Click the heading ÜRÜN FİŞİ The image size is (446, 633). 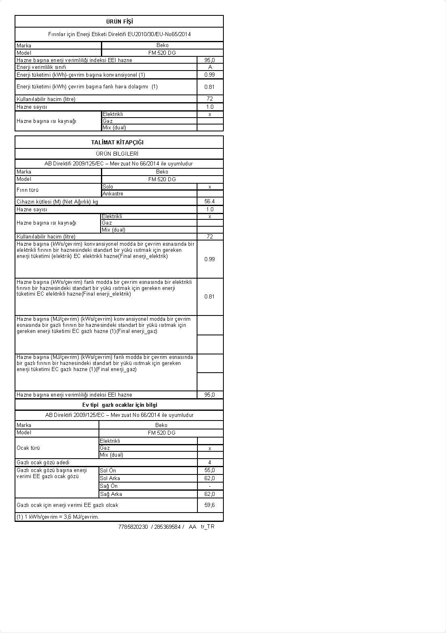[119, 21]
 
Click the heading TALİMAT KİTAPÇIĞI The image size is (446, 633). [117, 142]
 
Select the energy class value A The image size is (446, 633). [210, 67]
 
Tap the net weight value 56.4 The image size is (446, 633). [210, 202]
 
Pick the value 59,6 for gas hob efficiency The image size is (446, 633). [210, 505]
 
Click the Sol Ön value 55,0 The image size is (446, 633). [210, 470]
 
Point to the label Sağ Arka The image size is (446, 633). [111, 494]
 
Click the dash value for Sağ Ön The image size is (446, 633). [210, 486]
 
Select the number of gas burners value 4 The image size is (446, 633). [210, 463]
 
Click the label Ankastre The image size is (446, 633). [113, 194]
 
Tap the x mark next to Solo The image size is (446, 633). [210, 187]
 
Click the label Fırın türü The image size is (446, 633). [28, 190]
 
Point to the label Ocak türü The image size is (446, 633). [28, 448]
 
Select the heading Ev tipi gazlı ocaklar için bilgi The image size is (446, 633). [120, 405]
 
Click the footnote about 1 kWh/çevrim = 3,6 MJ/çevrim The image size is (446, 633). [58, 517]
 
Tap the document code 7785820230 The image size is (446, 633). [133, 527]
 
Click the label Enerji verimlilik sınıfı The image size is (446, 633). [41, 67]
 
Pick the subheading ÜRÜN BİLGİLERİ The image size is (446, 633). [117, 154]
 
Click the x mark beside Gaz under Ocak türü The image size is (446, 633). [210, 448]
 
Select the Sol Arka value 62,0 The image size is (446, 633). [210, 479]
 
